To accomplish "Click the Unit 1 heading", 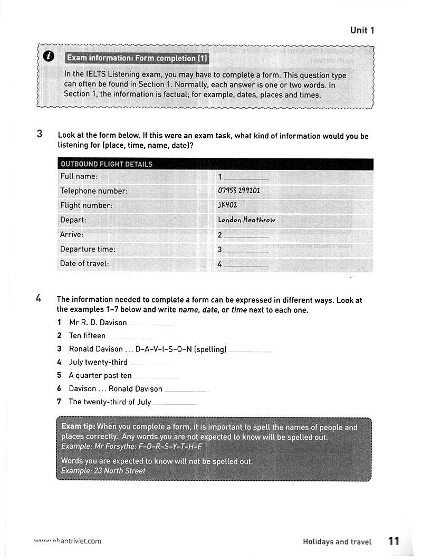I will tap(362, 30).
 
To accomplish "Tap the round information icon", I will tap(48, 57).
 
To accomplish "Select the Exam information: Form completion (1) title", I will tap(136, 58).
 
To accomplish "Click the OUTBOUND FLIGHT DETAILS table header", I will tap(107, 164).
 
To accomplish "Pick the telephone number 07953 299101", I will tap(239, 191).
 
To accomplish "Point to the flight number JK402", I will tap(227, 205).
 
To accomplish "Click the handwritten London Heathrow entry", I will tap(246, 220).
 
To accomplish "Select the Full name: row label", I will tap(79, 176).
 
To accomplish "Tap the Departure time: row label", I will tap(88, 249).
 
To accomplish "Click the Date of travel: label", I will tap(84, 263).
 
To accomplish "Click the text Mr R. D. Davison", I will tap(98, 322).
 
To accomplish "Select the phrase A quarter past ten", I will tap(100, 375).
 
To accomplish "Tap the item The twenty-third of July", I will tap(110, 402).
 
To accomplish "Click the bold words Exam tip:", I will tap(79, 426).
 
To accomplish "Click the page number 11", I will tap(394, 541).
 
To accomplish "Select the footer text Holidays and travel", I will tap(337, 542).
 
